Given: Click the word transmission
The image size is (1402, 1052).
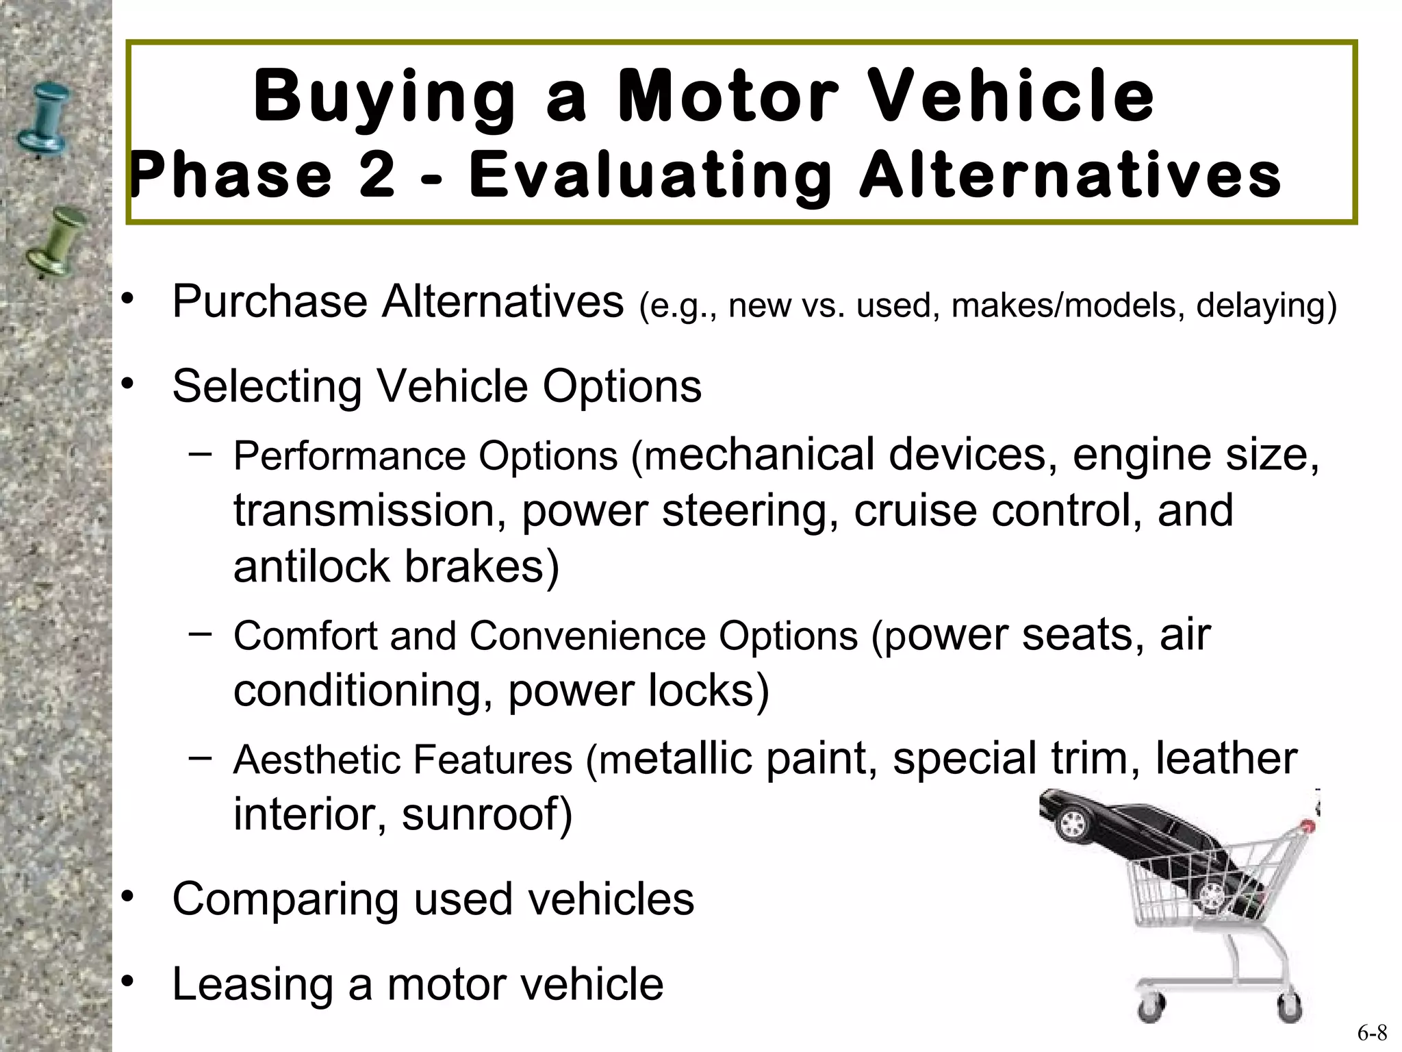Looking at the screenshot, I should click(370, 511).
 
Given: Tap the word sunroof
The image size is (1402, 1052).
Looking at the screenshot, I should click(486, 815).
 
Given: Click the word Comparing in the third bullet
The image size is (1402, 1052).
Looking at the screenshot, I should click(285, 900).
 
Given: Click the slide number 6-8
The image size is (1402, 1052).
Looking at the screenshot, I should click(1373, 1033).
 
